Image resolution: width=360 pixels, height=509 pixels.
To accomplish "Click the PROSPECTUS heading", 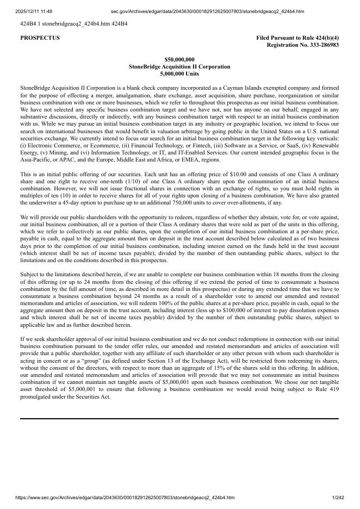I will click(40, 38).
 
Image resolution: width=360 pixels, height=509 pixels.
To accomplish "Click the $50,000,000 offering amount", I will click(179, 59).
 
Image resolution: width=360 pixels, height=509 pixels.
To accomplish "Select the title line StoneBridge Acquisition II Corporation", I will click(179, 66).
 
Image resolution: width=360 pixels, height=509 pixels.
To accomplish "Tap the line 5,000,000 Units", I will click(179, 73).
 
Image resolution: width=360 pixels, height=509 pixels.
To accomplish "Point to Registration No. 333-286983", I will click(302, 45).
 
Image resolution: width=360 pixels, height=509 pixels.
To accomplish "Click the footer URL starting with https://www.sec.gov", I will click(125, 497).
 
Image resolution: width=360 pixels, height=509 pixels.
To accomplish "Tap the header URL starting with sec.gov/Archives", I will click(207, 11).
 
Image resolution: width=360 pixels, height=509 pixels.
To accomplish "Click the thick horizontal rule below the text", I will click(179, 419).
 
